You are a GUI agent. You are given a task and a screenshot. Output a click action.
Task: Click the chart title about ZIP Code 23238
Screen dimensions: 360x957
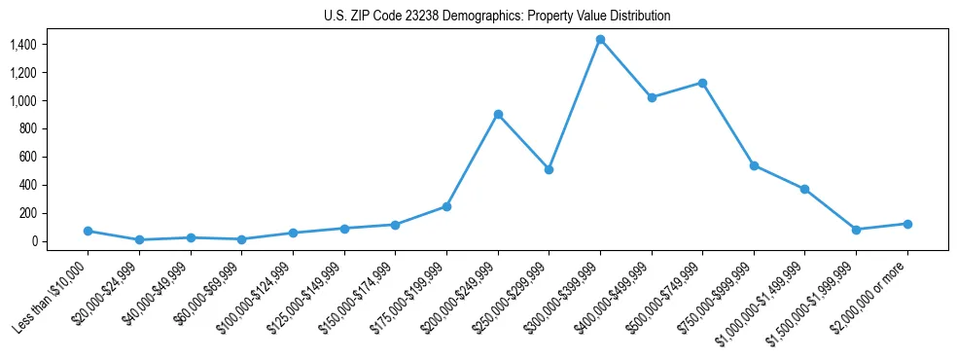pyautogui.click(x=497, y=17)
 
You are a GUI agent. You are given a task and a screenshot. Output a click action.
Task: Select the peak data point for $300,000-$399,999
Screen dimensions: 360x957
pyautogui.click(x=600, y=40)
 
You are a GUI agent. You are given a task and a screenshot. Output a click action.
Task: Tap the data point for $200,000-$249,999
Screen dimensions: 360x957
pyautogui.click(x=498, y=114)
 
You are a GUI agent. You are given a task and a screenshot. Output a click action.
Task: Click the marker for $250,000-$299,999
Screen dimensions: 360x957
pyautogui.click(x=549, y=169)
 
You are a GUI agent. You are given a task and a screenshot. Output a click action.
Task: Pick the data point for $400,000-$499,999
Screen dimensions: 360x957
pyautogui.click(x=652, y=97)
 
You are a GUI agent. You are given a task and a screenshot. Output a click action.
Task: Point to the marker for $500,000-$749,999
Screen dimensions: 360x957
pyautogui.click(x=702, y=83)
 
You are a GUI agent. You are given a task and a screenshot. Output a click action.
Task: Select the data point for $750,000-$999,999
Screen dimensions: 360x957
pyautogui.click(x=754, y=165)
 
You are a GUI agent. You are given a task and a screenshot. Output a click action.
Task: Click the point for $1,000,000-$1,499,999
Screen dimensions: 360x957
pyautogui.click(x=804, y=189)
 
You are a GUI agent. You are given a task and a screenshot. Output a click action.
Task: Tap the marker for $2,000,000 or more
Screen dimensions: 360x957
pyautogui.click(x=907, y=224)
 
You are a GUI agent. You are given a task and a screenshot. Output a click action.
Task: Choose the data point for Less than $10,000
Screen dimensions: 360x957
pyautogui.click(x=88, y=231)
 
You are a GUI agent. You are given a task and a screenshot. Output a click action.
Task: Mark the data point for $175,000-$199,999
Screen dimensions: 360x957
pyautogui.click(x=446, y=206)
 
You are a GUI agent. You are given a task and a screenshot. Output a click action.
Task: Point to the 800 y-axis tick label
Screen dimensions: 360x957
pyautogui.click(x=27, y=128)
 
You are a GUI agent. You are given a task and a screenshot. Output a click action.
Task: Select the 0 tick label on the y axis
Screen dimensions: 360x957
pyautogui.click(x=33, y=241)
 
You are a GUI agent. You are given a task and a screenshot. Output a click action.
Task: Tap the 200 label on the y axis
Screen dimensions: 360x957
pyautogui.click(x=27, y=213)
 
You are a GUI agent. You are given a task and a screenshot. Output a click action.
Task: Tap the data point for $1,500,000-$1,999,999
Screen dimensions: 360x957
pyautogui.click(x=856, y=230)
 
